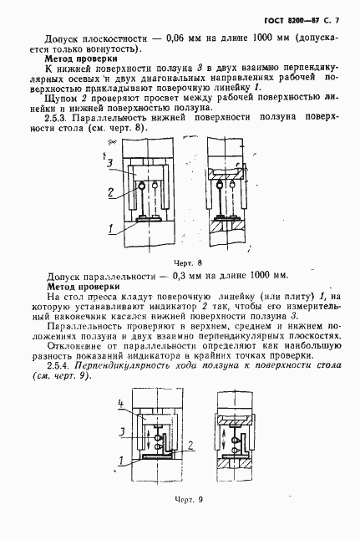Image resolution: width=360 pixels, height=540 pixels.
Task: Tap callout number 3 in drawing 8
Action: point(110,161)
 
